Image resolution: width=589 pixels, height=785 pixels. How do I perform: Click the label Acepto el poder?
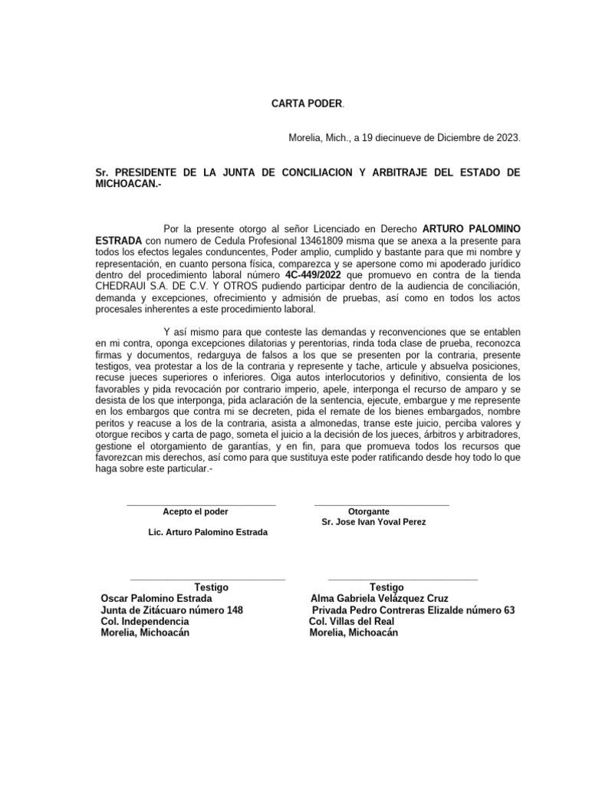(x=195, y=511)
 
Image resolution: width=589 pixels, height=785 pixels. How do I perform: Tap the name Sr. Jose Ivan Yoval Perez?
(x=373, y=522)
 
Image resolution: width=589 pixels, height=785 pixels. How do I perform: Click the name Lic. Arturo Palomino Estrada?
(x=208, y=533)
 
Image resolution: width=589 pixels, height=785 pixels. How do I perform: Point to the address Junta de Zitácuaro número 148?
(x=172, y=610)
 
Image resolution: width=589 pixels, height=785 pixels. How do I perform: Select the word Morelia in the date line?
(x=305, y=139)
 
